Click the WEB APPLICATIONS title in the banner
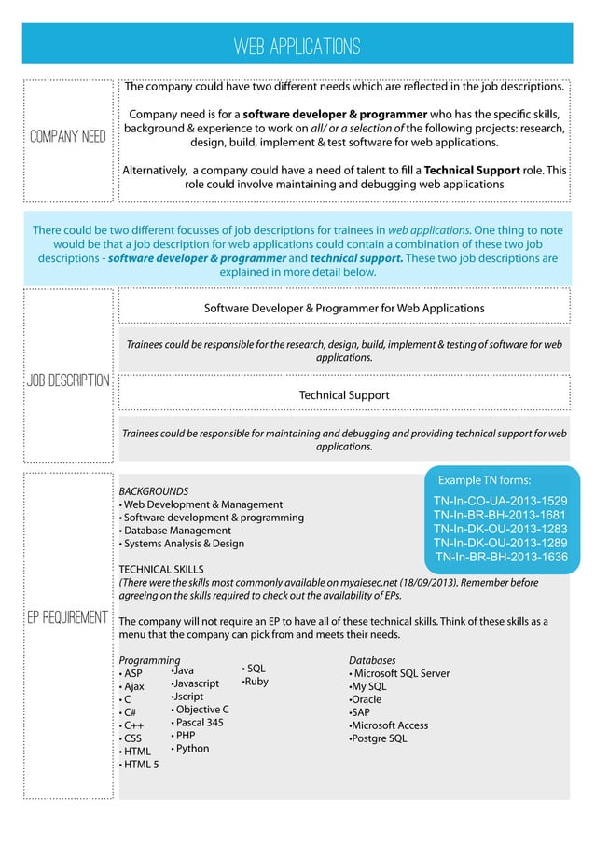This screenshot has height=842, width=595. [x=297, y=46]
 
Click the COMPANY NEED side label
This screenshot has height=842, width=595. [x=68, y=138]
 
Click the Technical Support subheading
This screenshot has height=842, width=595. [x=344, y=395]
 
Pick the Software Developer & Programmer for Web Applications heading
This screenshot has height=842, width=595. [x=344, y=308]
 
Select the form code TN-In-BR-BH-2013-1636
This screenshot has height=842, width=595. [x=501, y=557]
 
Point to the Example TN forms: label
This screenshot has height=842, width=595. [x=484, y=480]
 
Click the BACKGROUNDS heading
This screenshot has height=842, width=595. [x=154, y=491]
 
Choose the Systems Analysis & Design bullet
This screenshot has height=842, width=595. [x=182, y=544]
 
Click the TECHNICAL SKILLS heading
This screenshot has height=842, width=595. [x=161, y=569]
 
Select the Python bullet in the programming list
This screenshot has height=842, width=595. [x=191, y=749]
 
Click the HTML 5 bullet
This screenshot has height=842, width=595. [x=140, y=765]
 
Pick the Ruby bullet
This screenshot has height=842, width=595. [x=256, y=682]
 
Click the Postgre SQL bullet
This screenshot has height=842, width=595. [x=379, y=738]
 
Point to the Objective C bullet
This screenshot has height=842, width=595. [x=201, y=710]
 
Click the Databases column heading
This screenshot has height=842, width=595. [x=372, y=660]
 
